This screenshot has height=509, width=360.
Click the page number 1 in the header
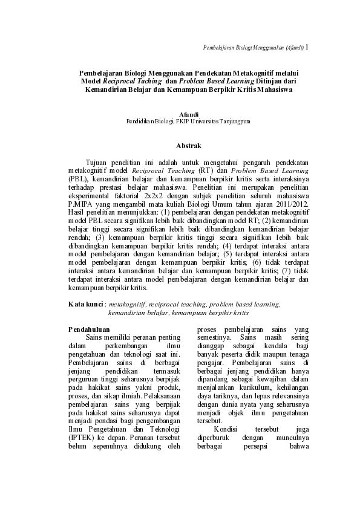[307, 46]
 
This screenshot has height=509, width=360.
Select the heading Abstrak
[188, 146]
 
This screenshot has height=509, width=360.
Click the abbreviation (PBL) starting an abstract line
[77, 180]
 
